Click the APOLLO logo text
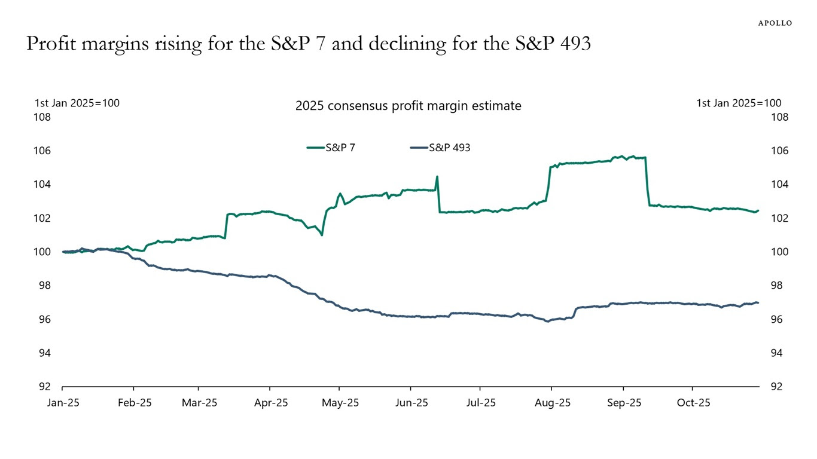775,23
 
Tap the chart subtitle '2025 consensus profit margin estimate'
408,106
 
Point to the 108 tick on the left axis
42,117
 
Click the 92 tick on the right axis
776,387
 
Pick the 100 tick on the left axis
42,252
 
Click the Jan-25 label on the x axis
63,403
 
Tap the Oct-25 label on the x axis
693,403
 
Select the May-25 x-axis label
340,403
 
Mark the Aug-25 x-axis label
553,403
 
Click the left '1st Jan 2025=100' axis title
77,103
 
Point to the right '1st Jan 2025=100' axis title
739,103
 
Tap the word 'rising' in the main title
177,44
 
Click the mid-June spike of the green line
437,176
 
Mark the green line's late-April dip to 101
322,235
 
